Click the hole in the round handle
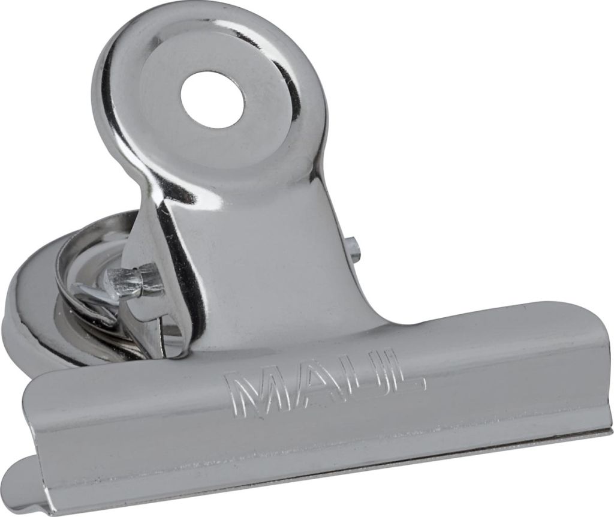coord(212,99)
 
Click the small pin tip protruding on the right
coord(354,250)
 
